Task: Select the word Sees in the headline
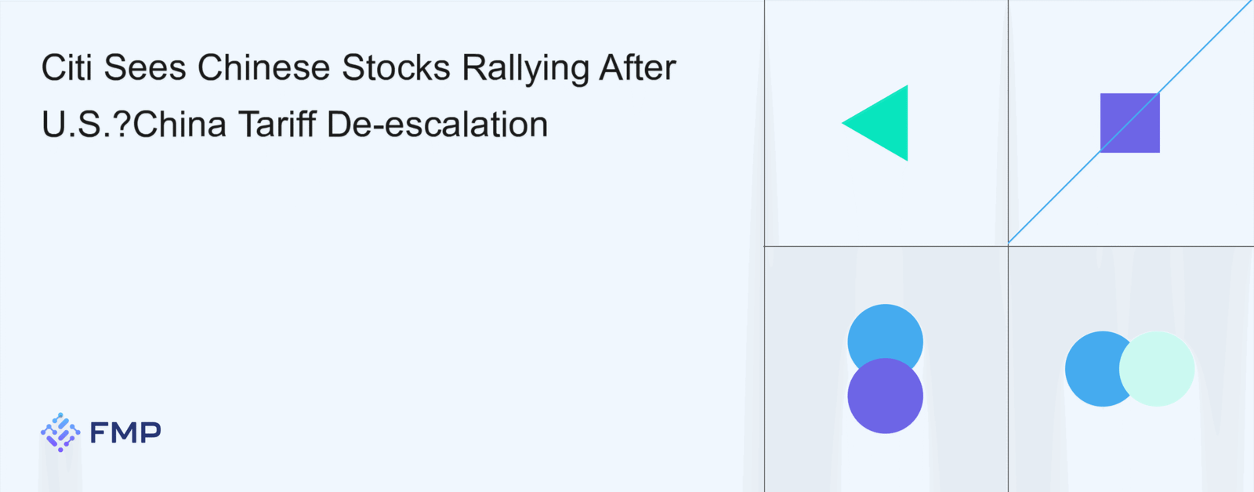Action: [145, 67]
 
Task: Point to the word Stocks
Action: [396, 67]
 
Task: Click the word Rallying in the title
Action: [525, 70]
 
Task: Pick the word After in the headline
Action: [638, 67]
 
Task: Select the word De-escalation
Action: [437, 124]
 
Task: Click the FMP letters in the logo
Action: [125, 432]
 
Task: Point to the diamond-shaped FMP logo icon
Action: [60, 432]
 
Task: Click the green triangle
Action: [886, 123]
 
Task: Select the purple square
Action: [1129, 123]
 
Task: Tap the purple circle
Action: [885, 396]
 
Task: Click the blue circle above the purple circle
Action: [885, 334]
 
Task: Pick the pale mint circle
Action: [1157, 369]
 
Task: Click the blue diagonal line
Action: [1129, 122]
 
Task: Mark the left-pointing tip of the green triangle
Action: [842, 123]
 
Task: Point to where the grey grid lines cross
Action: [1008, 246]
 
